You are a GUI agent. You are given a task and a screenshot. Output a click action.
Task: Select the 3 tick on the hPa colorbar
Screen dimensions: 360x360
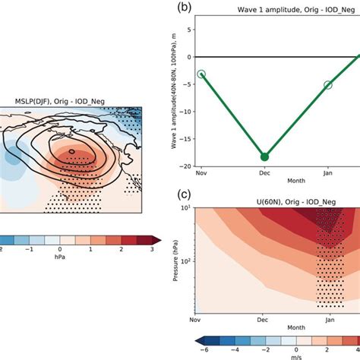(154, 248)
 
